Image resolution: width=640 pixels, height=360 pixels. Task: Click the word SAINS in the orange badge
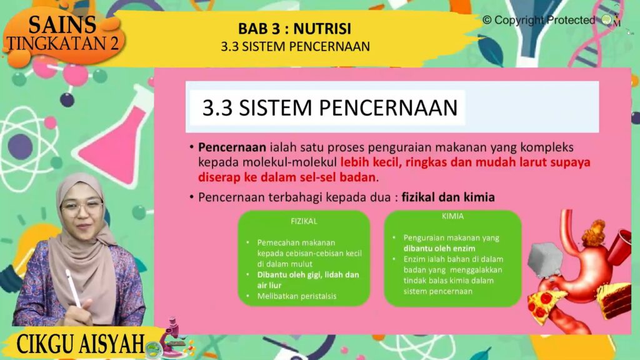click(x=62, y=25)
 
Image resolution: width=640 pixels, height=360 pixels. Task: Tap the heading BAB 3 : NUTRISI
click(x=295, y=29)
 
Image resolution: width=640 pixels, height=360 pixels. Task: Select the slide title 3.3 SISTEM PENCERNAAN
click(x=330, y=107)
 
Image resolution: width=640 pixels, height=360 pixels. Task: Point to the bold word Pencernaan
click(x=232, y=147)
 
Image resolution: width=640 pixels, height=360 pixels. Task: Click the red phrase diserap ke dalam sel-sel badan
click(x=286, y=177)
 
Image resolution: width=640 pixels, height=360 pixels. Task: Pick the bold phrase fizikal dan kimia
click(x=448, y=197)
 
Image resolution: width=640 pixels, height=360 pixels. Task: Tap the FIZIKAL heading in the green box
click(x=304, y=221)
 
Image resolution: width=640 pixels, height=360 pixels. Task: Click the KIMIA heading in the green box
click(x=452, y=216)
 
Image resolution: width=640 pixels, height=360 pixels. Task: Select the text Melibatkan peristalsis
click(x=297, y=296)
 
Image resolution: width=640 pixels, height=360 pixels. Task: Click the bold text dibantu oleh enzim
click(x=439, y=249)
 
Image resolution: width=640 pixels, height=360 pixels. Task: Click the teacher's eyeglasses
click(x=82, y=208)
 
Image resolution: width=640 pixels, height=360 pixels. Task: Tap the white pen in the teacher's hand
click(x=73, y=287)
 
